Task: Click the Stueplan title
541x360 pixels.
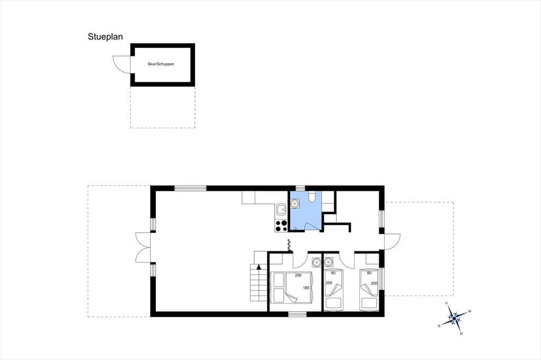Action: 105,36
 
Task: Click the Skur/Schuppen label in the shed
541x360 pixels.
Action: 161,64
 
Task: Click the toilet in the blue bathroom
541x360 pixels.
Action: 312,196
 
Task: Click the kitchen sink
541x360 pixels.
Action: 281,209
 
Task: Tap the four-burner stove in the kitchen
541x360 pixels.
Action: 281,225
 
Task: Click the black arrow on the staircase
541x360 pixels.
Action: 259,267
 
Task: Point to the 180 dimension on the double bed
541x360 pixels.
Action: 306,288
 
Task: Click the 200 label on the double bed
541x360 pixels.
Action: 298,275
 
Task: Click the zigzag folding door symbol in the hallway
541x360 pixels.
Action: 289,245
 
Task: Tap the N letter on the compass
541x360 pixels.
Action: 470,311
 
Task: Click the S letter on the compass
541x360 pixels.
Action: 439,326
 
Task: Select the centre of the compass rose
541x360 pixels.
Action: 454,318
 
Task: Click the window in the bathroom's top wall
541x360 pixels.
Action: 300,188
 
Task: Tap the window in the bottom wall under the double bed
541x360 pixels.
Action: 297,314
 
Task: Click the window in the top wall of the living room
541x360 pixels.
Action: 190,188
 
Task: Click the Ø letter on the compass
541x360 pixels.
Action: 461,334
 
